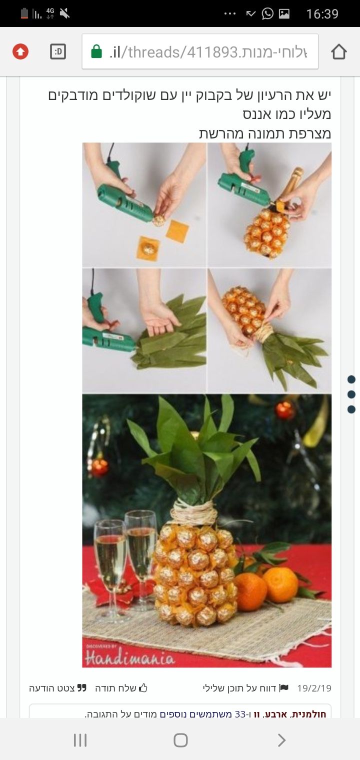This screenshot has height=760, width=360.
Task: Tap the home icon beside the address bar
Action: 338,51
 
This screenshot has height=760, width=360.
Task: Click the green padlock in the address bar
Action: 96,51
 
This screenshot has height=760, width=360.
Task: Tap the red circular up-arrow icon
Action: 20,51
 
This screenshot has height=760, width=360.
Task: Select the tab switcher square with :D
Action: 58,51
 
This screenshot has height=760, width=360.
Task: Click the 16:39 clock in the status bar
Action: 322,14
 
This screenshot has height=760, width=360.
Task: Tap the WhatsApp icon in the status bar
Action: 267,13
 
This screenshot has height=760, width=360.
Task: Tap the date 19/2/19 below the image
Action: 314,688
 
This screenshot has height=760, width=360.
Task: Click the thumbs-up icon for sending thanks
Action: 143,688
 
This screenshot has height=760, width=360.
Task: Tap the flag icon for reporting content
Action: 284,688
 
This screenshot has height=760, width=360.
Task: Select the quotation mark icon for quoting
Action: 81,688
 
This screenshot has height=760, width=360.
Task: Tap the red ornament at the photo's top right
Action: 284,410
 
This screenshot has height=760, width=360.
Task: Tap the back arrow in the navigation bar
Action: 281,740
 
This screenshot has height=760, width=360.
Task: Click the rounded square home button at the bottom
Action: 180,740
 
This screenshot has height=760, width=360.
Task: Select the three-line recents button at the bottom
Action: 80,740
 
